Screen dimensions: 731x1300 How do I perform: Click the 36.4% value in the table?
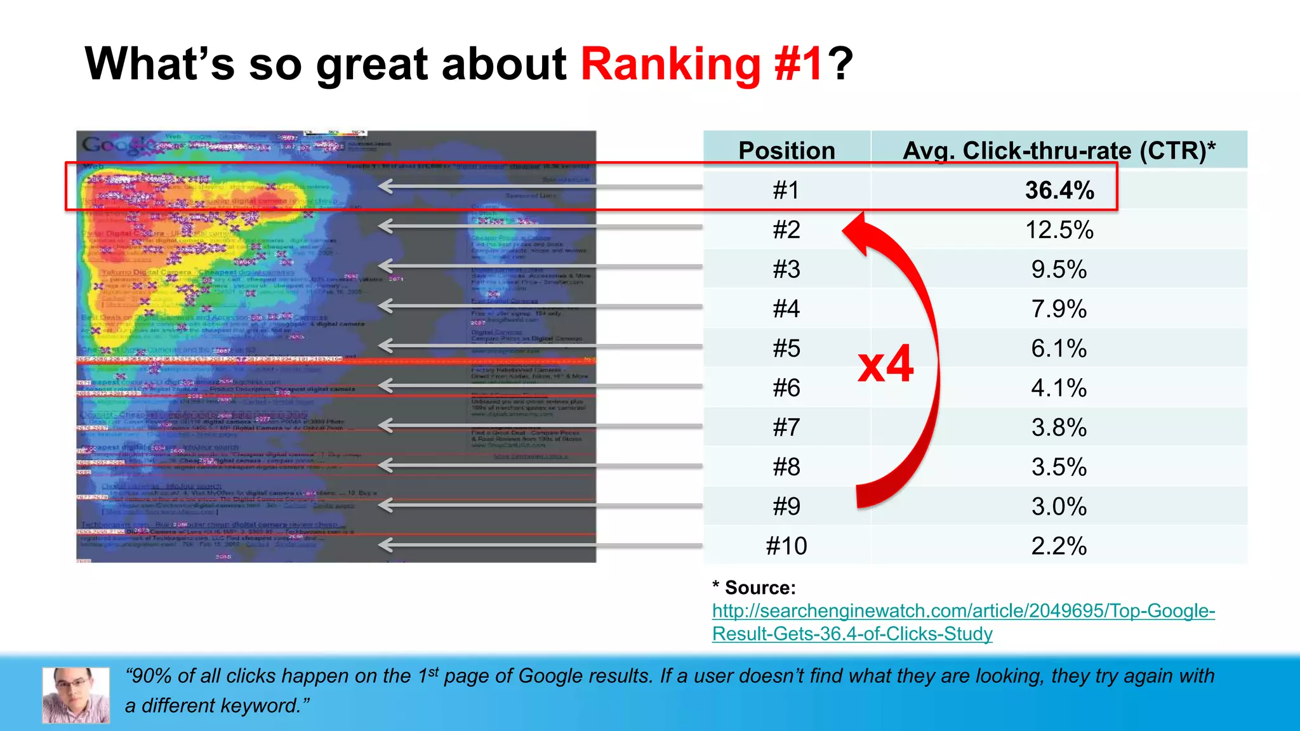click(1059, 190)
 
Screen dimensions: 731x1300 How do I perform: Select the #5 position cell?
click(786, 348)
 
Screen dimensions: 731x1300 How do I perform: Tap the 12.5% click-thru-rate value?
click(1059, 230)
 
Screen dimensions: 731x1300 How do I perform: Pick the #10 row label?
click(786, 546)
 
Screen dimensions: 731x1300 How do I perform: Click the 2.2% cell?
click(1059, 546)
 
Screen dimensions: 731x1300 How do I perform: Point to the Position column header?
click(786, 150)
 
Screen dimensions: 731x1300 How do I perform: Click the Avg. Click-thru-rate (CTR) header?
click(1059, 150)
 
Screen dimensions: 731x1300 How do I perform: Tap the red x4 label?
click(885, 364)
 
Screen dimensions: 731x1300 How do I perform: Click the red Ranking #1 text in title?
click(702, 64)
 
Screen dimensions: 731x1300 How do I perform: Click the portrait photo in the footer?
click(76, 695)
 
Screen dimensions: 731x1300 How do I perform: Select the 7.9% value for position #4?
click(1059, 309)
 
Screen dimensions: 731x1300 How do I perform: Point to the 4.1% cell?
click(1059, 388)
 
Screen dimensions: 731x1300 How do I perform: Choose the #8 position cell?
click(786, 467)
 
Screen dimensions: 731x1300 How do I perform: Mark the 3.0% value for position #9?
click(1059, 506)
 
